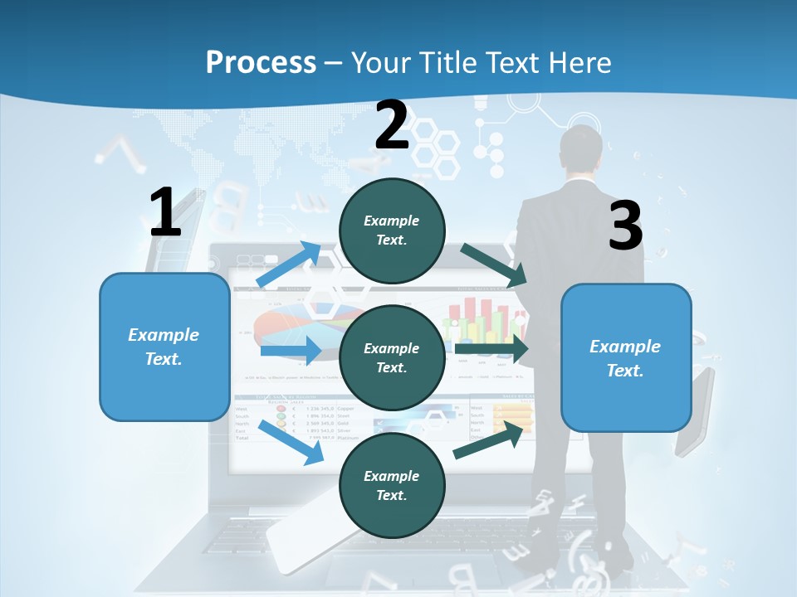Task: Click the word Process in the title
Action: coord(261,62)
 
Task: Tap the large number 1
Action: coord(165,212)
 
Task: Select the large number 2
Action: coord(392,125)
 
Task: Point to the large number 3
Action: coord(625,226)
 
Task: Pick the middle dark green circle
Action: coord(392,357)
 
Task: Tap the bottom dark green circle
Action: coord(392,485)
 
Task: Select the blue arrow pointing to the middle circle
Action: coord(290,350)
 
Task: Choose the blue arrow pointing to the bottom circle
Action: coord(291,442)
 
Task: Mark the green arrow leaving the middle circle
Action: coord(490,349)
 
